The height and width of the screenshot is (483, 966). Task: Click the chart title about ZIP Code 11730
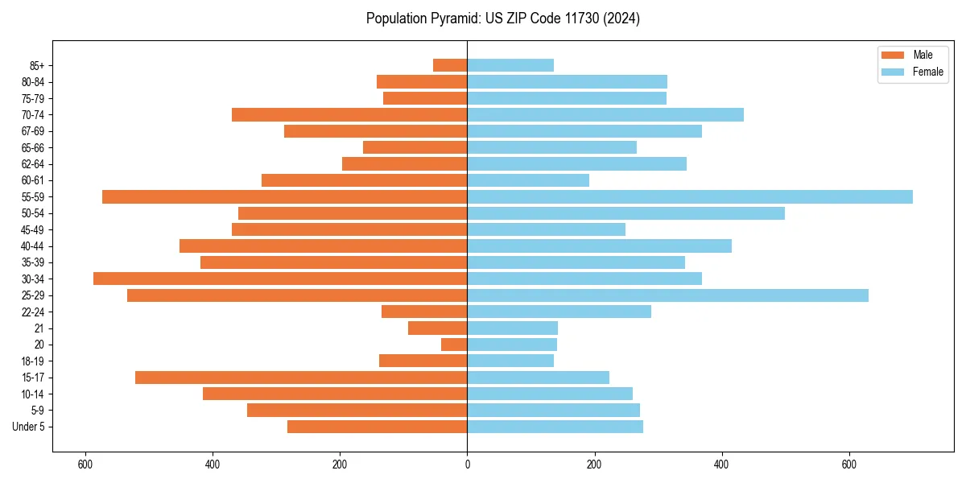[502, 19]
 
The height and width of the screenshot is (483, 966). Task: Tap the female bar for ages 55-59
[690, 196]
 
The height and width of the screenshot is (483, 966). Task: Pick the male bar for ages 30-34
[280, 279]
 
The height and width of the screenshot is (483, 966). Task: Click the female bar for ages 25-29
[667, 295]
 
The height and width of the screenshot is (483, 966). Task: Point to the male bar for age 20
[454, 345]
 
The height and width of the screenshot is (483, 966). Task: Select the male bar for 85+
[450, 65]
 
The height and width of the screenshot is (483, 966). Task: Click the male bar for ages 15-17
[301, 378]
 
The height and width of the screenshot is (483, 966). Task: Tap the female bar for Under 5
[555, 427]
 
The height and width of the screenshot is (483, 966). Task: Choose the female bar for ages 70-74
[605, 114]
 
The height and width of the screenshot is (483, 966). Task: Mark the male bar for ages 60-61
[364, 180]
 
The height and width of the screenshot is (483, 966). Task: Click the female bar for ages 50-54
[625, 213]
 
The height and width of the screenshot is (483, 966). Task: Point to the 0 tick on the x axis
[467, 464]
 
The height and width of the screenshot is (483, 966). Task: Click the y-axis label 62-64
[33, 164]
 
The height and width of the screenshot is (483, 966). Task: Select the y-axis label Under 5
[29, 427]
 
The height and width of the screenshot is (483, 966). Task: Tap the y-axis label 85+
[37, 65]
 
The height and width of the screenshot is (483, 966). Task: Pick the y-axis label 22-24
[33, 312]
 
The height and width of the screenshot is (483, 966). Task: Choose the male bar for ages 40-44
[323, 246]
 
